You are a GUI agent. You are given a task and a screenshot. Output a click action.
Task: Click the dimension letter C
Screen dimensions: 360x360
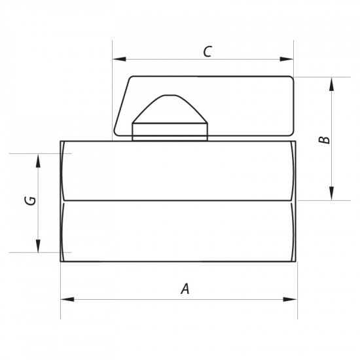point(207,52)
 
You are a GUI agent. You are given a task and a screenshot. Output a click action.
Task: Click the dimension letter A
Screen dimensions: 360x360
point(185,289)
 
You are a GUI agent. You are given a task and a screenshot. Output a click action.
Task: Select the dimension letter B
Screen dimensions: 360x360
point(325,140)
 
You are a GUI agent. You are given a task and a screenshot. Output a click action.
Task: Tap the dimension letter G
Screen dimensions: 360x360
point(30,201)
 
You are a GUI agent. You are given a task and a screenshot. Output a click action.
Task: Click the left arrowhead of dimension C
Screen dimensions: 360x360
point(119,59)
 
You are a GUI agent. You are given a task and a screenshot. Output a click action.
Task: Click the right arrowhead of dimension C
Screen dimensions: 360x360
point(287,59)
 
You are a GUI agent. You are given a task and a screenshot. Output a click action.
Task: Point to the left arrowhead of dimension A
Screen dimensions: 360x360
point(67,299)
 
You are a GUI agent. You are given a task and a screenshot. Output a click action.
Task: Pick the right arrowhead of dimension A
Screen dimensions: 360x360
point(290,299)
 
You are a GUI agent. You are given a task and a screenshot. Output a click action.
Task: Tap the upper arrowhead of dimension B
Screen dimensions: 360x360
point(332,84)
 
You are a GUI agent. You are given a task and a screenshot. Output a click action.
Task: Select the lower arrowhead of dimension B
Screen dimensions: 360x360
point(332,193)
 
